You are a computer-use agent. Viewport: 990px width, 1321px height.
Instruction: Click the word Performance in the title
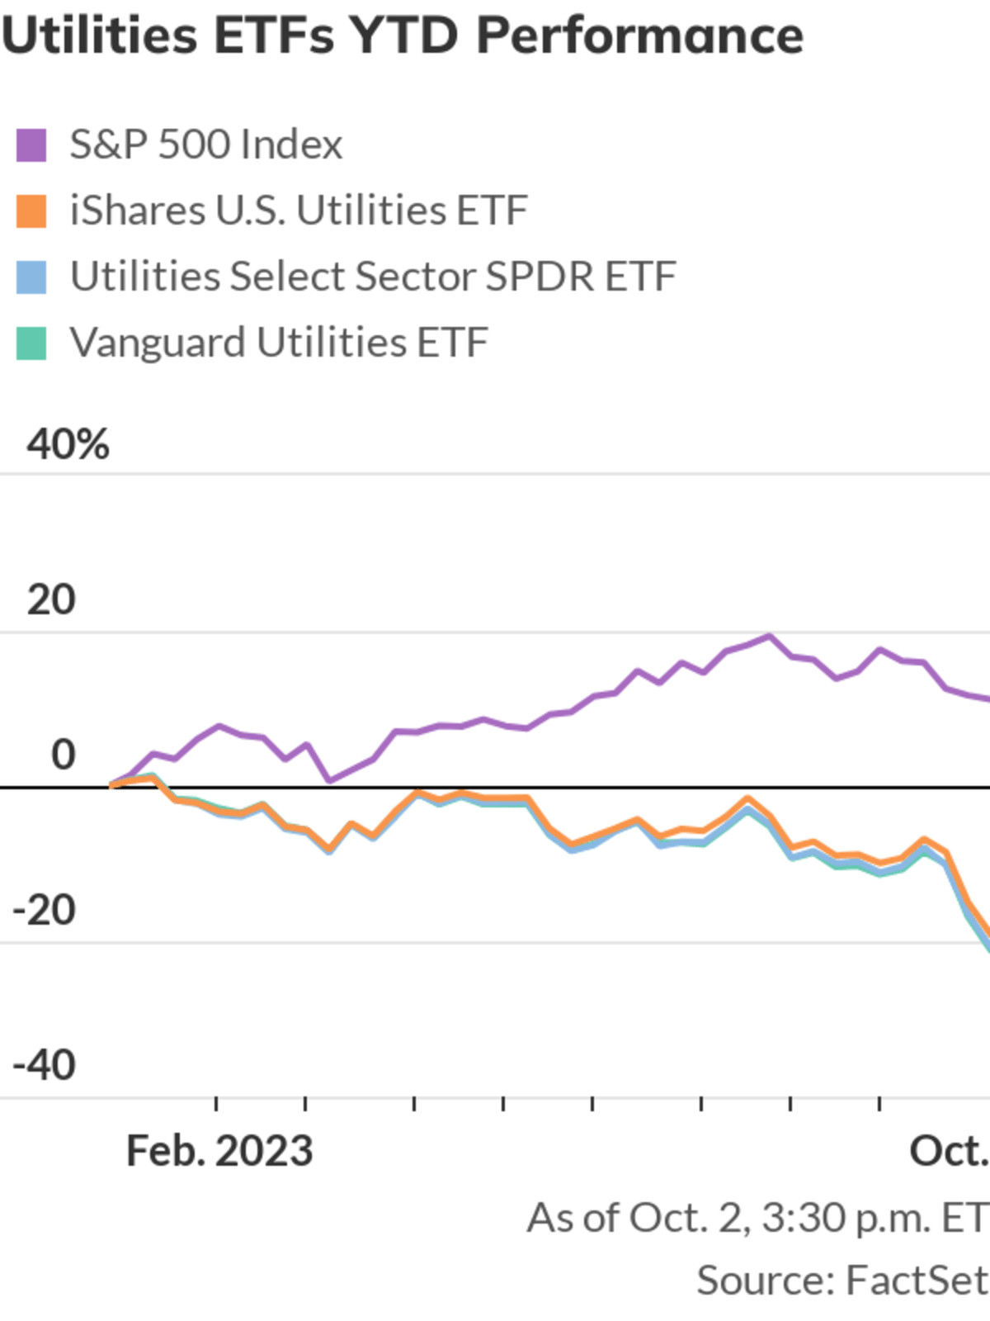click(640, 36)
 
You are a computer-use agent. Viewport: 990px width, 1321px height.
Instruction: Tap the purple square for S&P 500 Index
click(31, 145)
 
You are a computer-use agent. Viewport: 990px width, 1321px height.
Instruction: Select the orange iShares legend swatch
click(31, 211)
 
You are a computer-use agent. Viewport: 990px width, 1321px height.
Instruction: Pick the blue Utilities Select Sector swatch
click(31, 277)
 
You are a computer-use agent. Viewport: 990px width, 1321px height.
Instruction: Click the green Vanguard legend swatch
click(31, 343)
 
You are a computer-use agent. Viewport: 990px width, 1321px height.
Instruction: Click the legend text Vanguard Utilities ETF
click(279, 343)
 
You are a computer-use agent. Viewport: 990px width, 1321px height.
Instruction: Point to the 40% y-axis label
click(68, 445)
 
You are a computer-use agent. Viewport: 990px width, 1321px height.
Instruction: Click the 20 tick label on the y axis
click(51, 600)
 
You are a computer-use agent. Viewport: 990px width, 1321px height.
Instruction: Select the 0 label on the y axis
click(63, 755)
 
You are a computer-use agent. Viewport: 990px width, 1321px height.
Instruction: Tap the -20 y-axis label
click(45, 911)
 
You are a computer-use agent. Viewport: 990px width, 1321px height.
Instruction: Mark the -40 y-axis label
click(45, 1066)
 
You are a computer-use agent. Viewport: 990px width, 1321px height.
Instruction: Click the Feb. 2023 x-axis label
click(219, 1151)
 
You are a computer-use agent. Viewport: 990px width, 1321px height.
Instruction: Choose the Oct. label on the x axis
click(949, 1151)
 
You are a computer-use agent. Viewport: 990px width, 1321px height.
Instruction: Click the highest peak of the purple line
click(770, 637)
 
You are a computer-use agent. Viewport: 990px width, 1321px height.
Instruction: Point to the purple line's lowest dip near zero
click(329, 780)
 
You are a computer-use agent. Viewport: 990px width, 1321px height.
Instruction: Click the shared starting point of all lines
click(112, 785)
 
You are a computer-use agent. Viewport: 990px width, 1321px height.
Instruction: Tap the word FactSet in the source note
click(916, 1281)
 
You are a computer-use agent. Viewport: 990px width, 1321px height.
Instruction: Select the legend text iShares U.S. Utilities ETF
click(299, 211)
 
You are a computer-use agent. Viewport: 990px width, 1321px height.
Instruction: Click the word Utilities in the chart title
click(99, 36)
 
